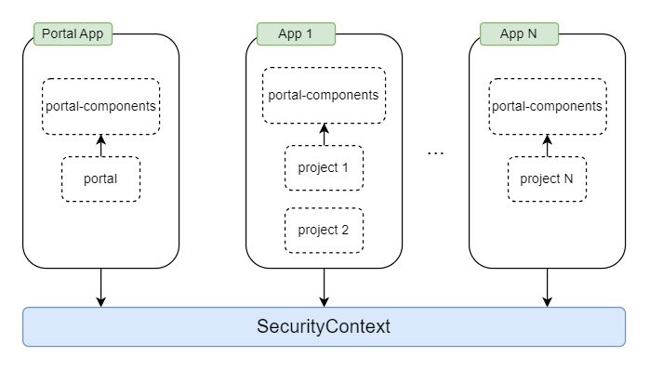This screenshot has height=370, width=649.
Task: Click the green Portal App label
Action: tap(73, 34)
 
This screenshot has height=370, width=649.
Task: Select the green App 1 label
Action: tap(296, 34)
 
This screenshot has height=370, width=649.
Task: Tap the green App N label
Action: tap(519, 34)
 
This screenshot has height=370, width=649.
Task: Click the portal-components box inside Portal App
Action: tap(100, 105)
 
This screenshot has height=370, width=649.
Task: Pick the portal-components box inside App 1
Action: tap(324, 95)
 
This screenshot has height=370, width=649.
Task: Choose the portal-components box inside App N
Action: tap(547, 105)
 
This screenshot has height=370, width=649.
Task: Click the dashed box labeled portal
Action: tap(100, 179)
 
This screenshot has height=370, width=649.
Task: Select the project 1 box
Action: tap(324, 168)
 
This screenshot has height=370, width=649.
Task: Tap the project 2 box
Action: tap(324, 231)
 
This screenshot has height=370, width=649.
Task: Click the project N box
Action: tap(547, 179)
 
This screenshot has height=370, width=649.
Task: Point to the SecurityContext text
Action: tap(324, 327)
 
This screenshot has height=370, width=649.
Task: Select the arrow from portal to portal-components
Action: tap(100, 145)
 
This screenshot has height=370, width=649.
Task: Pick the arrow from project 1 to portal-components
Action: tap(324, 135)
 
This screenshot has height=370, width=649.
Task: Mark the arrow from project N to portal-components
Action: tap(547, 145)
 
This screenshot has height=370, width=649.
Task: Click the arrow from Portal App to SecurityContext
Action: tap(100, 287)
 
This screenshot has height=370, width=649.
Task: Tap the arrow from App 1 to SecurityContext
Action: tap(324, 287)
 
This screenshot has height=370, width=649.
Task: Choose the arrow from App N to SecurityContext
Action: tap(547, 287)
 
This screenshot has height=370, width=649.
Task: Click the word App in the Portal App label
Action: tap(91, 34)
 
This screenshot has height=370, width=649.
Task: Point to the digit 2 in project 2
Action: tap(344, 231)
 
